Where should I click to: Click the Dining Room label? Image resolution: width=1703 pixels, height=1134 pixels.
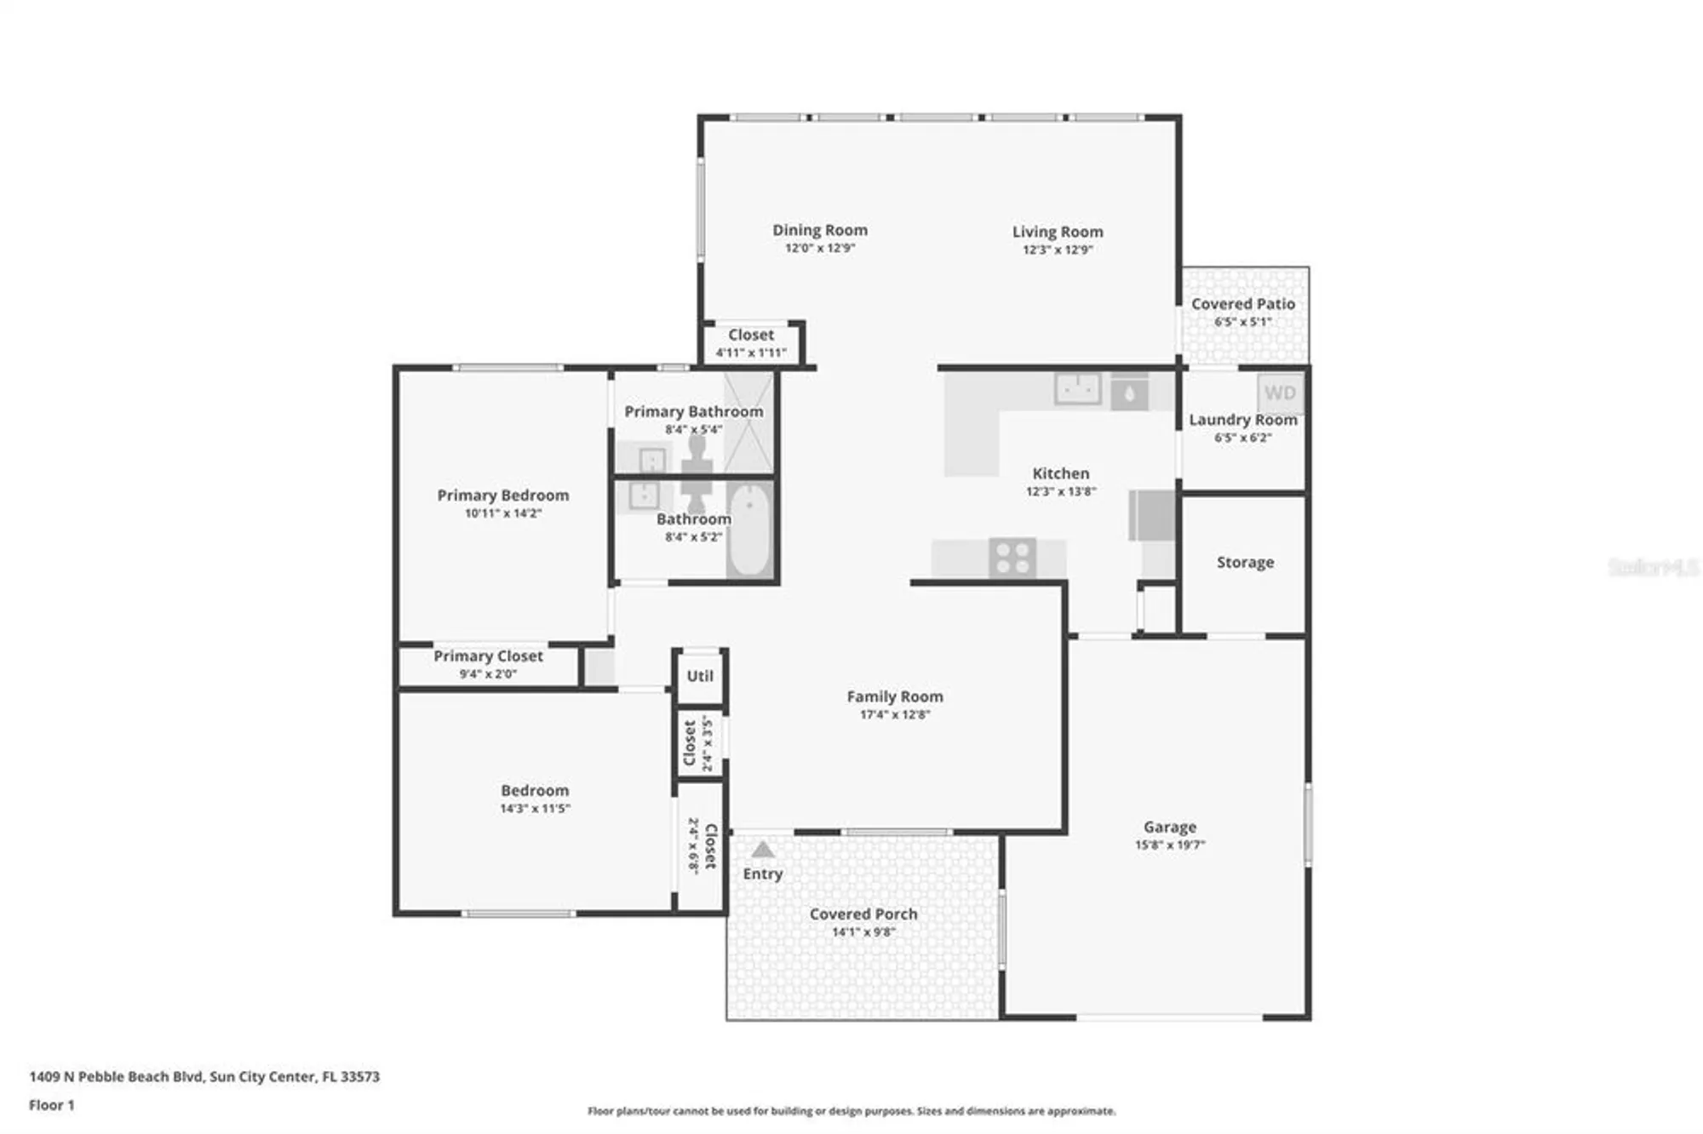pos(819,230)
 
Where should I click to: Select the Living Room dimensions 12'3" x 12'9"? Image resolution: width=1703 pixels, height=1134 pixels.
pos(1057,249)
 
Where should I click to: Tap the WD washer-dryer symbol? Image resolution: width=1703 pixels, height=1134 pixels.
pos(1279,392)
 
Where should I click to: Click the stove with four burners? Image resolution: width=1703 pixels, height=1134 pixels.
pos(1012,558)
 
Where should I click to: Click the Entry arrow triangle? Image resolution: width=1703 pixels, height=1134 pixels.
pos(762,849)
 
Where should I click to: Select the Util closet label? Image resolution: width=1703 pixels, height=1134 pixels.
pos(700,676)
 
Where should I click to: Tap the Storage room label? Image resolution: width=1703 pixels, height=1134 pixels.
pos(1245,562)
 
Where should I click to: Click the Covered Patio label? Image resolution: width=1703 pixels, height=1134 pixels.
pos(1242,304)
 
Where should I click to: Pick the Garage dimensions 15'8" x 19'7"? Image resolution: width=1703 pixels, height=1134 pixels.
pos(1169,845)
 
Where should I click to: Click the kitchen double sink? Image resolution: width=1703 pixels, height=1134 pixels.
pos(1078,389)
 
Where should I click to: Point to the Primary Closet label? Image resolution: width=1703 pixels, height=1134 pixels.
pos(488,656)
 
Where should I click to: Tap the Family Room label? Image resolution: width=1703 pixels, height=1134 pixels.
pos(894,696)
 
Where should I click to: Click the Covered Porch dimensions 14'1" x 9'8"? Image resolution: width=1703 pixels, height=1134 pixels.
pos(863,931)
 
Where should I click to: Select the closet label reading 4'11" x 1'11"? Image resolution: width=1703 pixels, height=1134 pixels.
pos(750,352)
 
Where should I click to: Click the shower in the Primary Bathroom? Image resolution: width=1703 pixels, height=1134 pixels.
pos(748,422)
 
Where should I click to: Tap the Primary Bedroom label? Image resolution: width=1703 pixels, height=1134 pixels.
pos(502,495)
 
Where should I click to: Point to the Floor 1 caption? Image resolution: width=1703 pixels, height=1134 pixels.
pos(51,1105)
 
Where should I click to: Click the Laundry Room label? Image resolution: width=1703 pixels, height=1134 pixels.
pos(1242,420)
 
